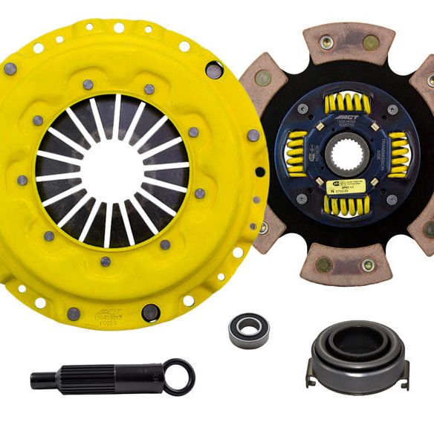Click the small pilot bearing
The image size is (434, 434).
pyautogui.click(x=248, y=330)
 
